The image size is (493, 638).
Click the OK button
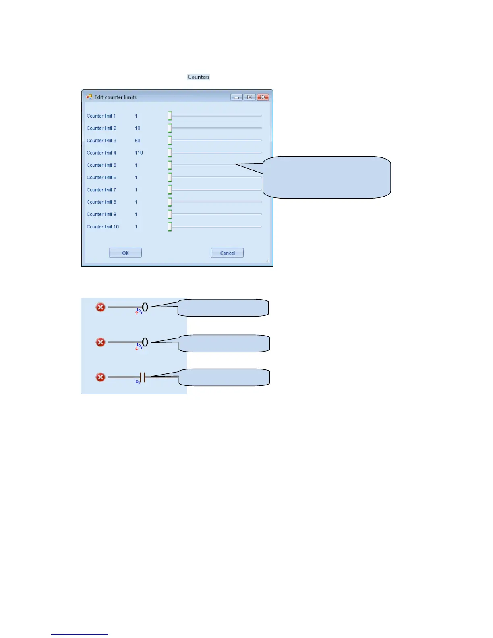(125, 253)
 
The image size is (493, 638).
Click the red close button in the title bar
(263, 97)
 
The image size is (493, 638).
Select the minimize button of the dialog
(236, 97)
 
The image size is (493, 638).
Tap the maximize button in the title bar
(250, 97)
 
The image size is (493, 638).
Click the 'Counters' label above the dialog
(199, 77)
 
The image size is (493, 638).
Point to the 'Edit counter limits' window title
(116, 97)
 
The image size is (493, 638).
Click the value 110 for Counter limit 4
(139, 153)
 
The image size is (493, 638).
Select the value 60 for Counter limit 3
(138, 141)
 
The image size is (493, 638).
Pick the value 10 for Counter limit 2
(138, 128)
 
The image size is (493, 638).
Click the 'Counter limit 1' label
(101, 116)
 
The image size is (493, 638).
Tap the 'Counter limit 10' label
(103, 227)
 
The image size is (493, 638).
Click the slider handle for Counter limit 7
(170, 190)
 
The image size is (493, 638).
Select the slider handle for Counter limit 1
(170, 116)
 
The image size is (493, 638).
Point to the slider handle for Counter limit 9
(170, 214)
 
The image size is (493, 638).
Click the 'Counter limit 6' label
(101, 178)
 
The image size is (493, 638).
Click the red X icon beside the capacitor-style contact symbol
(100, 377)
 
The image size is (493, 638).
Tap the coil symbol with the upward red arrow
(145, 307)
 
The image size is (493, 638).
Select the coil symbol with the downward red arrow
(145, 342)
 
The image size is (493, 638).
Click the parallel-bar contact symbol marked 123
(142, 377)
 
